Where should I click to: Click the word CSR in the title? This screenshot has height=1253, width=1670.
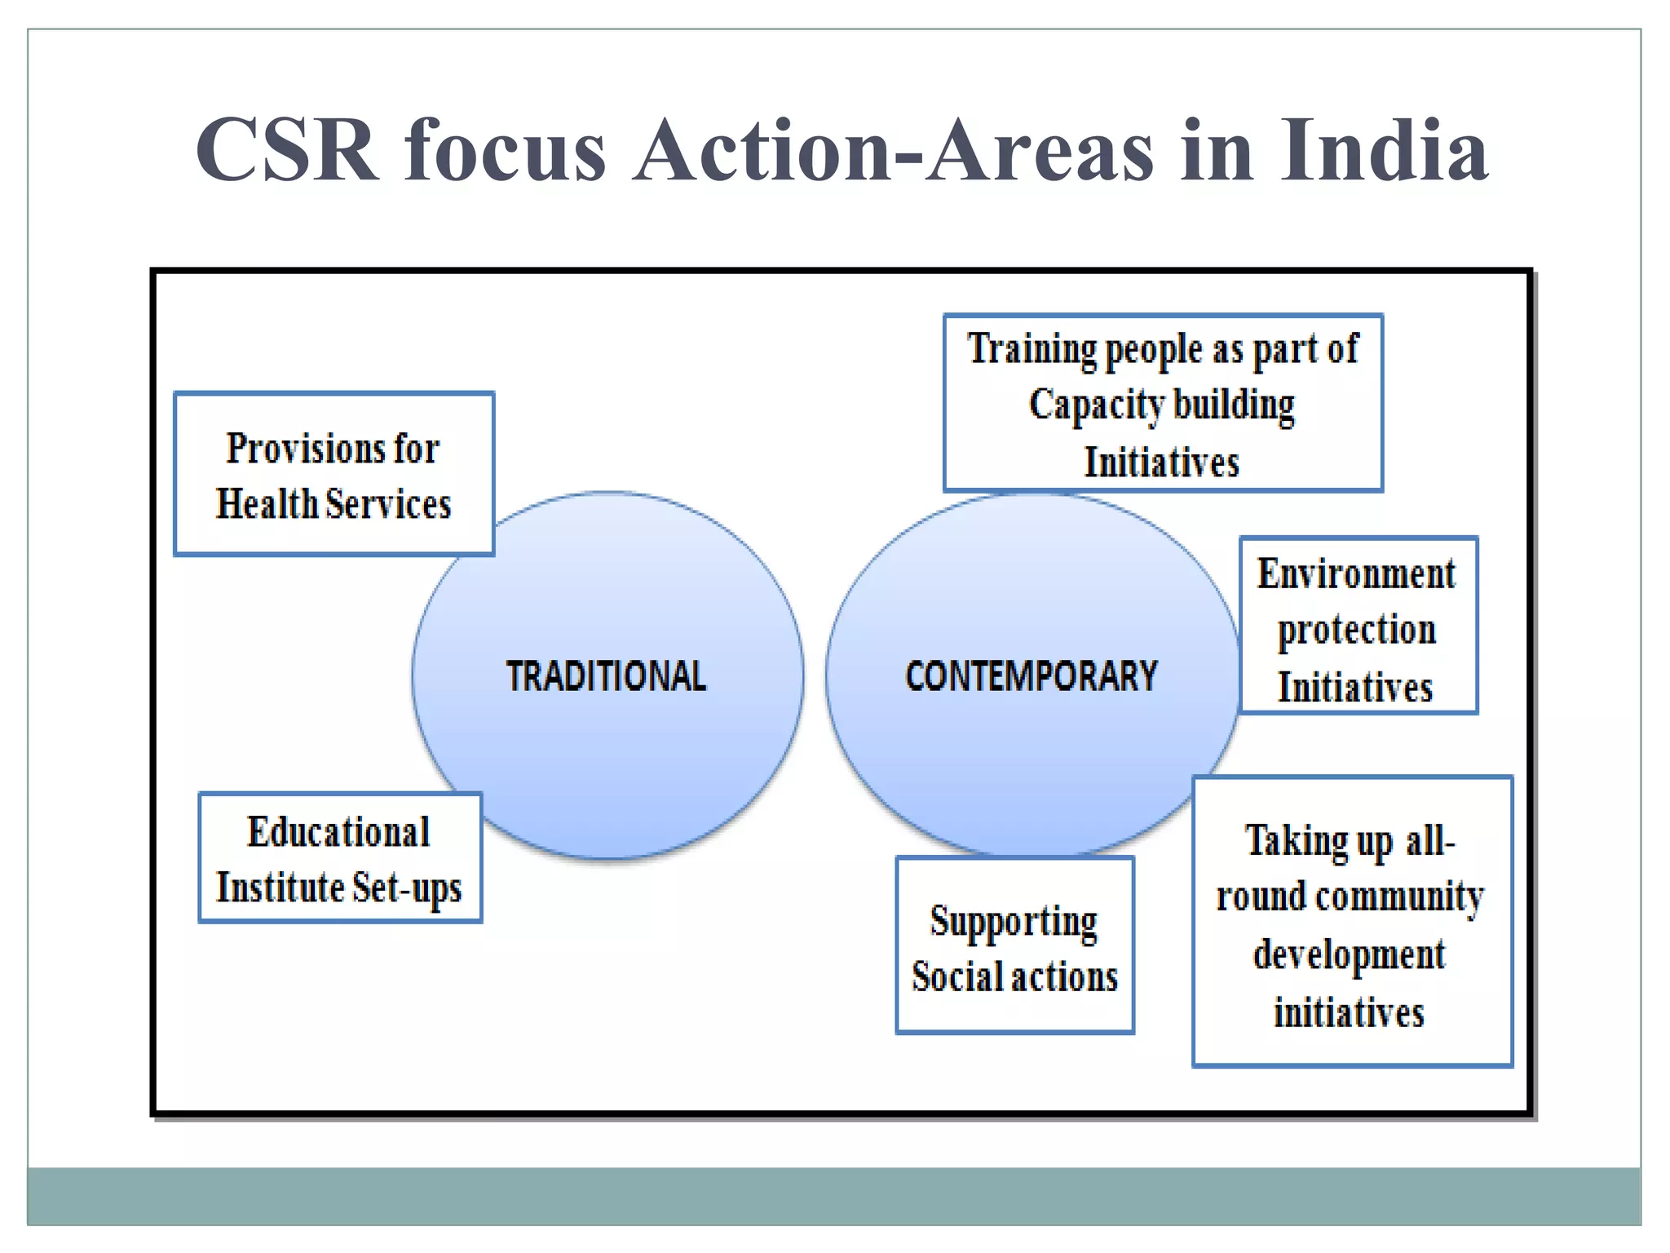coord(287,150)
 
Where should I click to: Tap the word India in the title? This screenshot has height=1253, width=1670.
coord(1383,150)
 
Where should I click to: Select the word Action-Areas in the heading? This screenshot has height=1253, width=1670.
coord(894,150)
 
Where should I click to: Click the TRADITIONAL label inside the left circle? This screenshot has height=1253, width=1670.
coord(606,676)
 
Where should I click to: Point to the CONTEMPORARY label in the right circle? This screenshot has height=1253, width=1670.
coord(1031,676)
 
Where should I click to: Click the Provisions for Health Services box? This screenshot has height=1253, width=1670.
coord(334,475)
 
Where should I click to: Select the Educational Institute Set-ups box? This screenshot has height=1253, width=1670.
coord(340,858)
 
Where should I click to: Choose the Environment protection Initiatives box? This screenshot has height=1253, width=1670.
coord(1358,626)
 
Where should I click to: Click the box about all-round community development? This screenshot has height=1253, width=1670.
coord(1351,922)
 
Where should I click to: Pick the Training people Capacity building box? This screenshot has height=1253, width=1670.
coord(1163,403)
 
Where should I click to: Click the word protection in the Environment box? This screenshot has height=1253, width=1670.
coord(1357,630)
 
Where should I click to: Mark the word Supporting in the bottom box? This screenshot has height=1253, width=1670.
coord(1014,922)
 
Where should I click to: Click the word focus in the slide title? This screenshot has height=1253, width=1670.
coord(505,150)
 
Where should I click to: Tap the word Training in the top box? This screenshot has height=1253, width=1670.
coord(1032,349)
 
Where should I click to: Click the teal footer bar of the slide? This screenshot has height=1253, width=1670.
coord(833,1196)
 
